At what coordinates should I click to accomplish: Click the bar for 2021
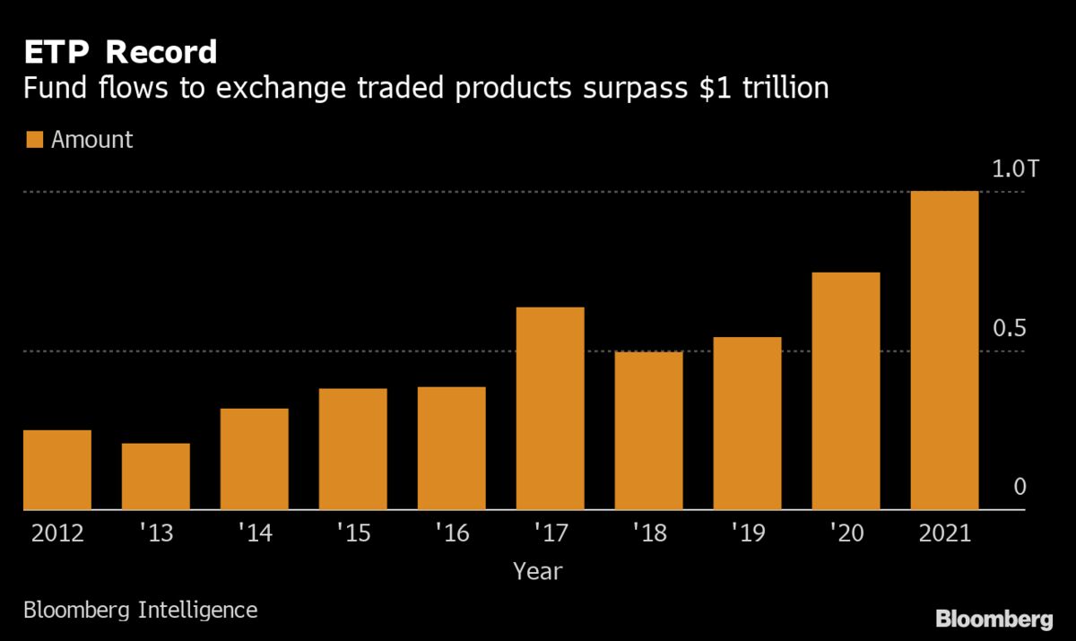944,351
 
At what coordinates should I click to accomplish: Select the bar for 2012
57,470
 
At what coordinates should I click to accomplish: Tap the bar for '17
550,409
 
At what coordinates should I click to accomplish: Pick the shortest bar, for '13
156,476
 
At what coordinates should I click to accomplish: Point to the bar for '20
846,391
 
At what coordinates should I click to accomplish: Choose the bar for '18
648,430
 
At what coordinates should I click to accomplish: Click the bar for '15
352,449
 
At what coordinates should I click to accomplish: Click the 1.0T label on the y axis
1013,169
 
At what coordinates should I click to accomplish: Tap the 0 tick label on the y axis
1019,488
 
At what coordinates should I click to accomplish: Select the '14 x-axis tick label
254,534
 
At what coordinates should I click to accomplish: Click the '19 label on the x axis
747,534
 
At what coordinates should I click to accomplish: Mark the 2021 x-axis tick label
944,534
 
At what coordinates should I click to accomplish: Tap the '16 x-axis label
451,534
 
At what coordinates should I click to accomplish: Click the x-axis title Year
538,570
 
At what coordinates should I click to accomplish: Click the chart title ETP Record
120,53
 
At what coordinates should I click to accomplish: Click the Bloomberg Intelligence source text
140,611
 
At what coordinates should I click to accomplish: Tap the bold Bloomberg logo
994,619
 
